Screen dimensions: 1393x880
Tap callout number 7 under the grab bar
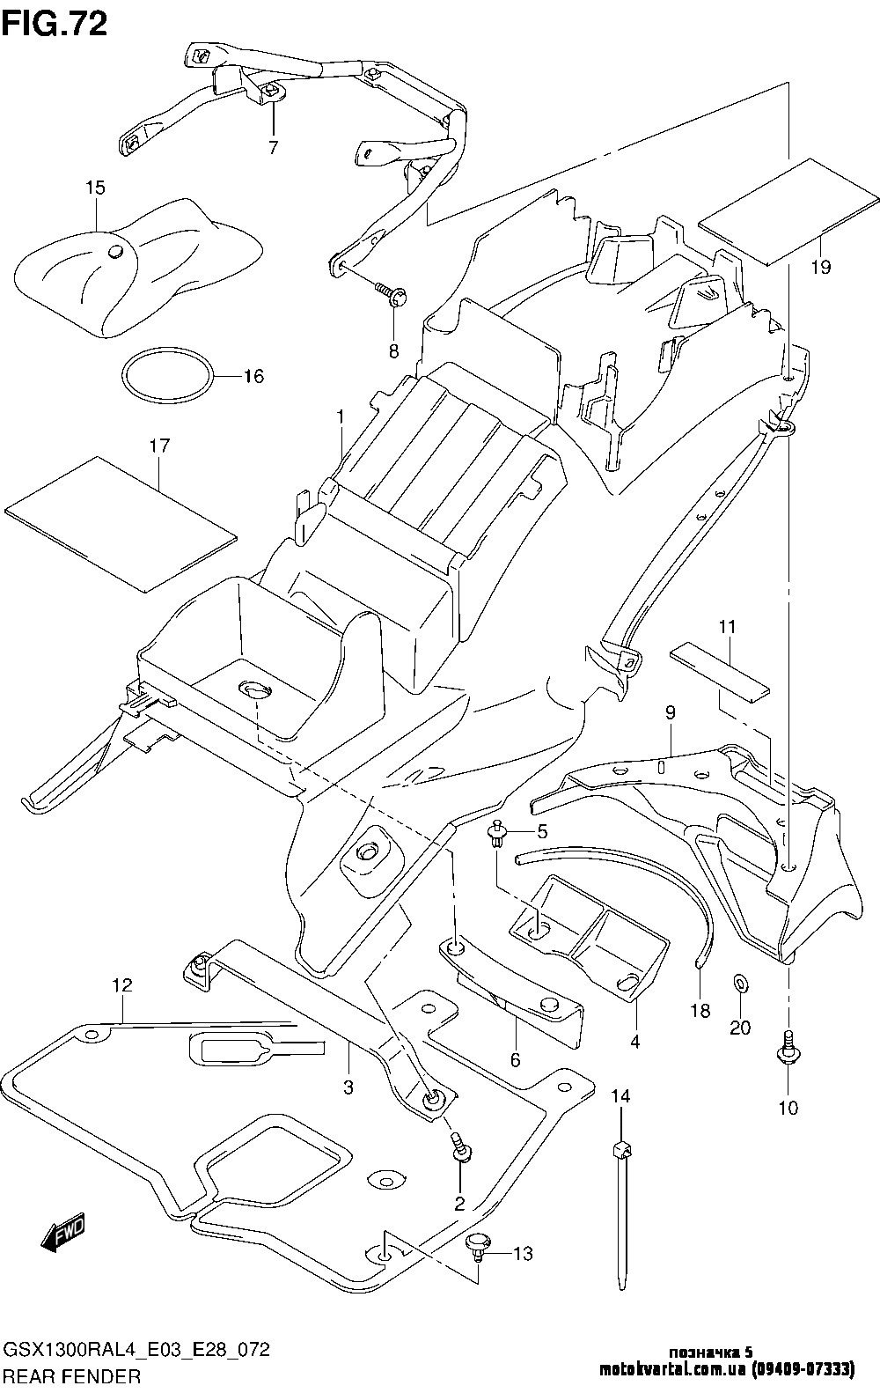coord(273,148)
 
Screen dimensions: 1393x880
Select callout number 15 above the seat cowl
coord(95,188)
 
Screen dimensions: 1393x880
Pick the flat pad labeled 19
coord(788,211)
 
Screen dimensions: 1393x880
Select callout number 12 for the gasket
coord(121,985)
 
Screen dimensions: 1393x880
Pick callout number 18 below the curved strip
coord(700,1011)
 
